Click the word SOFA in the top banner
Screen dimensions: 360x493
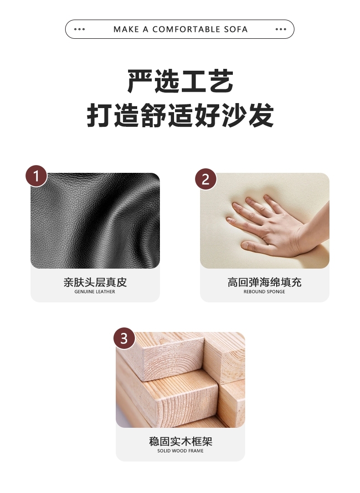[236, 29]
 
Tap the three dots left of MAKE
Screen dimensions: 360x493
[79, 29]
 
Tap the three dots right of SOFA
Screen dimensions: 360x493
[281, 29]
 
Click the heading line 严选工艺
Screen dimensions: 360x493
[180, 82]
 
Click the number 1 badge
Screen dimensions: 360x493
[36, 176]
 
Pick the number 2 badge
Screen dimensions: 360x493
[206, 179]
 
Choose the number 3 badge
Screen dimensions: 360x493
[124, 338]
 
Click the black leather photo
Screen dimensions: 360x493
[95, 221]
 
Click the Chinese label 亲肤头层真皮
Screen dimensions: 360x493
[95, 282]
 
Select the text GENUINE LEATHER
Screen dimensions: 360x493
[95, 292]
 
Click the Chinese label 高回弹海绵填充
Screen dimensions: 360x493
[264, 282]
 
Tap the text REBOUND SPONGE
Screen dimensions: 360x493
[264, 292]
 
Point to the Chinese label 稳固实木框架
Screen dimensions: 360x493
[180, 441]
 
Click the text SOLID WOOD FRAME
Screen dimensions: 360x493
[180, 451]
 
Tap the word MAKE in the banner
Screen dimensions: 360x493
[126, 29]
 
